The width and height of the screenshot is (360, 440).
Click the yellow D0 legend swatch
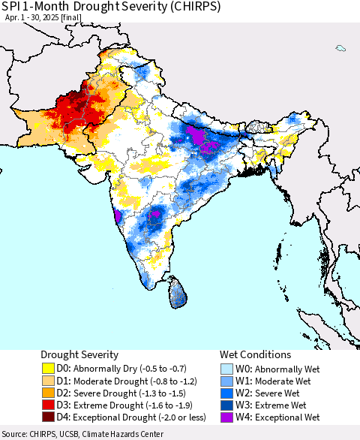pos(48,369)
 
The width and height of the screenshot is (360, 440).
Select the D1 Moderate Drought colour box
pos(48,381)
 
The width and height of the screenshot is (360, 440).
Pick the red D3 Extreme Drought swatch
pos(48,405)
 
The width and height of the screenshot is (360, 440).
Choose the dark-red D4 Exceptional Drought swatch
pos(48,417)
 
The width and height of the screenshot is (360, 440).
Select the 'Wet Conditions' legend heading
pos(255,354)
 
